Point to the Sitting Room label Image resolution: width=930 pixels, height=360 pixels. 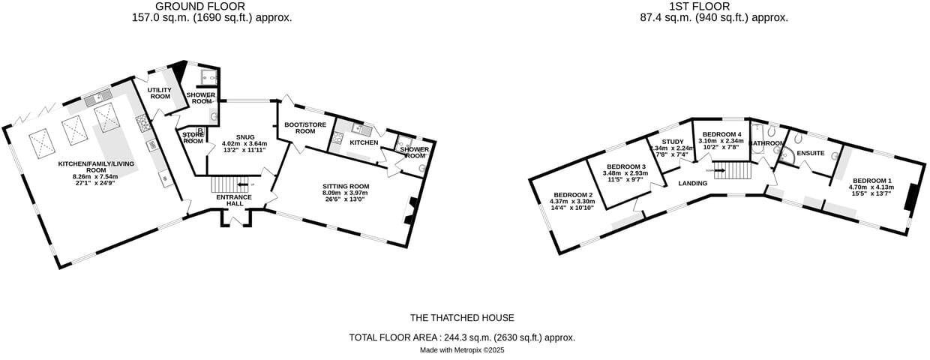346,186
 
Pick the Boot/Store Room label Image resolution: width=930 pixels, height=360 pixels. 304,127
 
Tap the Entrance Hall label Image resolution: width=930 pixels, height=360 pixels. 234,201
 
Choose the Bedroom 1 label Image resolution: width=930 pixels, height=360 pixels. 871,181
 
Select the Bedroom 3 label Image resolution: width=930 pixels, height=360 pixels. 625,166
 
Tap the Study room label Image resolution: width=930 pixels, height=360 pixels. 672,142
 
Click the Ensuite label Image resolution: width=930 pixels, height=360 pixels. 811,154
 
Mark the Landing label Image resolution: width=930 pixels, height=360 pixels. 693,183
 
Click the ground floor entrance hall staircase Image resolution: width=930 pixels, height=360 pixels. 224,184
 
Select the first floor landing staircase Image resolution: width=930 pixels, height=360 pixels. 731,171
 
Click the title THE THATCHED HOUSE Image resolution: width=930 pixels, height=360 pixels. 462,318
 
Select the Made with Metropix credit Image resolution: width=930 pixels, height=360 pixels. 462,350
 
